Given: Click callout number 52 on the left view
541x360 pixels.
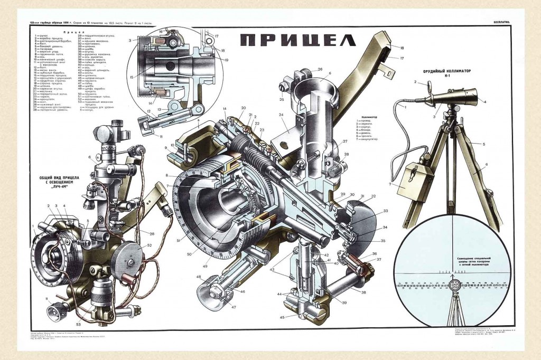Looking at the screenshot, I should (149, 245).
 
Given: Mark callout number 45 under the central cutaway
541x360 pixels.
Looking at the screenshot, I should (282, 317).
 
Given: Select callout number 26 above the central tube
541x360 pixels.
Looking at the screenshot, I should (320, 69).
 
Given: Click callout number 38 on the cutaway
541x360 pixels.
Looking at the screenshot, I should (364, 292).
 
